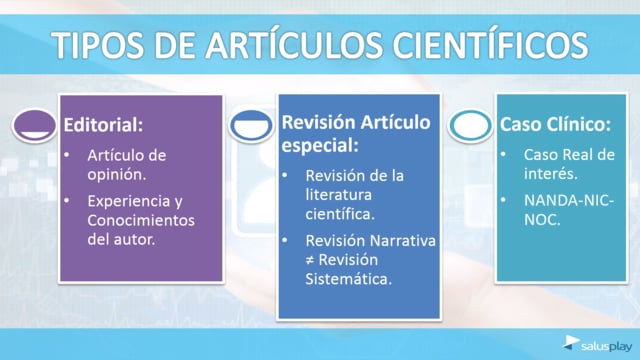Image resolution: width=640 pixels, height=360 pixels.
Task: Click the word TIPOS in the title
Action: (x=98, y=44)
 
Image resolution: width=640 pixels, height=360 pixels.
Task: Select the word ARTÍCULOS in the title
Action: (x=293, y=44)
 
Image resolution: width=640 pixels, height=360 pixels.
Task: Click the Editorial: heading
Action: (x=103, y=125)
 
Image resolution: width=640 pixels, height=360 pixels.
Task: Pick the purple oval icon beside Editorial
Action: (x=34, y=126)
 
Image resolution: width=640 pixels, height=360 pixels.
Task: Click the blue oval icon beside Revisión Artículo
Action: (x=251, y=126)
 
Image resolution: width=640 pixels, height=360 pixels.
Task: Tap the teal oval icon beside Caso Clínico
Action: (x=470, y=126)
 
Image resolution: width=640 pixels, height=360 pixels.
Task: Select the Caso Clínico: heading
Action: (x=556, y=124)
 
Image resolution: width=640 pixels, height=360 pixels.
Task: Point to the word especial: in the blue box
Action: (x=320, y=146)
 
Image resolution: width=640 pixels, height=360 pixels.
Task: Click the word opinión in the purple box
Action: (x=116, y=175)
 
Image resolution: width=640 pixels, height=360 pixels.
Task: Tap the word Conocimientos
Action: (x=141, y=220)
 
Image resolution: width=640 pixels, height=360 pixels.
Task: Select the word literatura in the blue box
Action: (x=338, y=195)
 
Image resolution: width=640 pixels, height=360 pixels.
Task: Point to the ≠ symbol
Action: (x=310, y=260)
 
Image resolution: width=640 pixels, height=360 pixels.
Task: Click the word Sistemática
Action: (x=349, y=279)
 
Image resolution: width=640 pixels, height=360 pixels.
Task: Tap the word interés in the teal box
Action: (x=551, y=174)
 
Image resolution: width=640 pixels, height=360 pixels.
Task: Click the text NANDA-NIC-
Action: (x=569, y=201)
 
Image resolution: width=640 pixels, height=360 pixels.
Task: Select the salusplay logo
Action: (x=597, y=344)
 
